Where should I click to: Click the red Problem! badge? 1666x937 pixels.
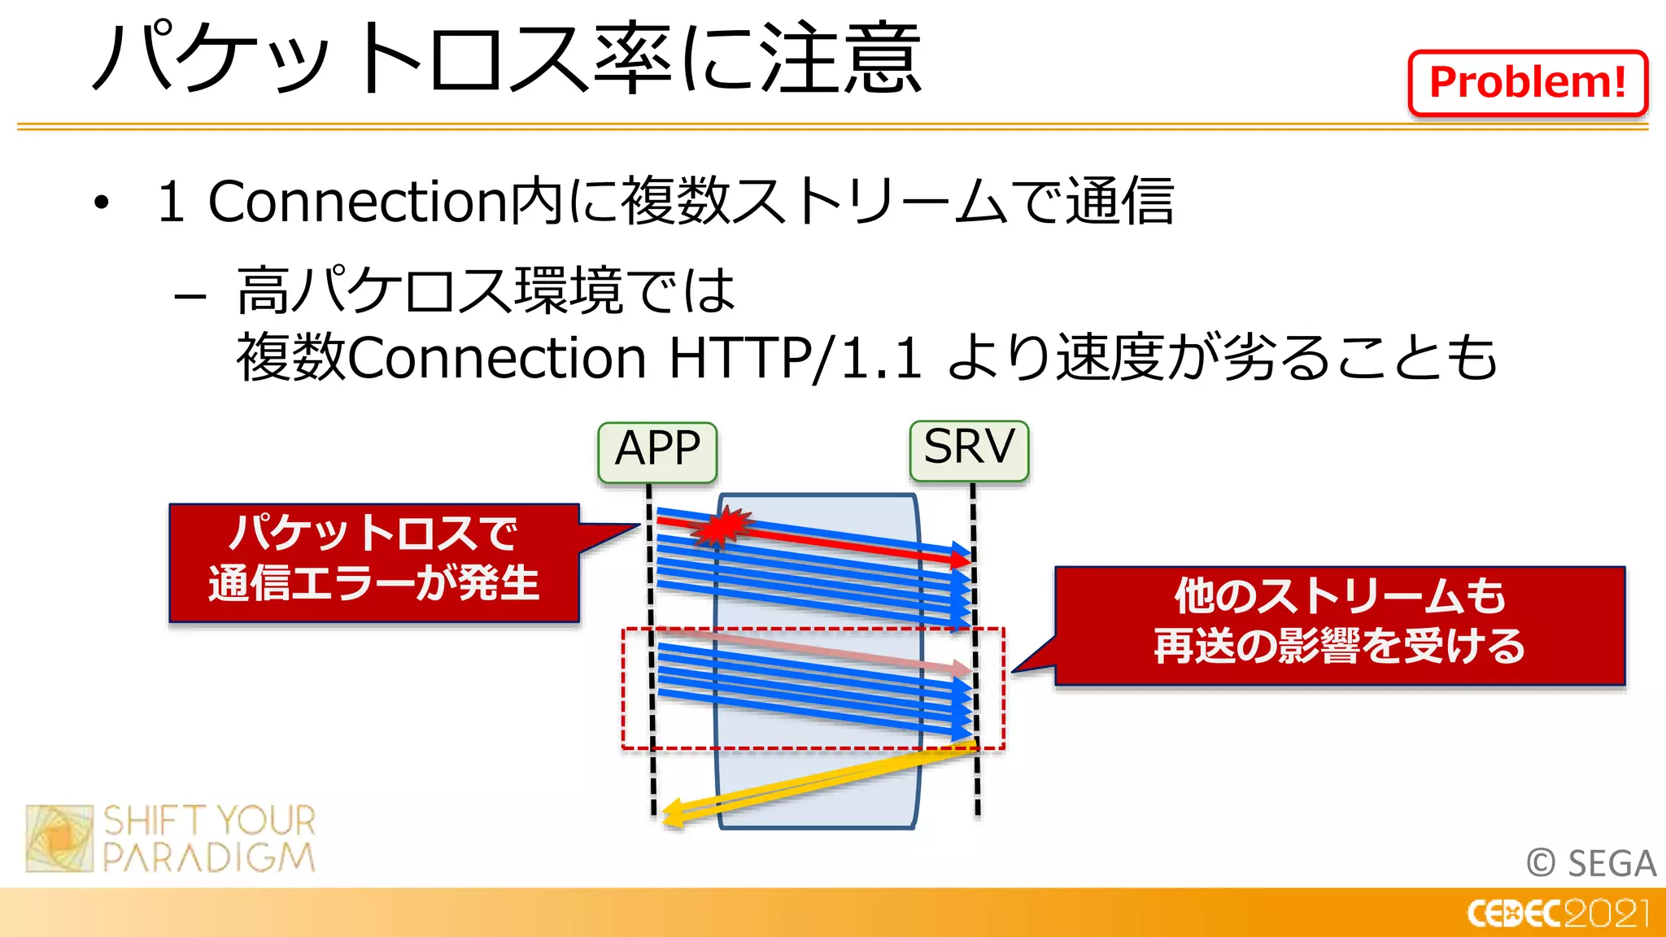[1527, 83]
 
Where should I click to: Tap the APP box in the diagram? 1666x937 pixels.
[657, 451]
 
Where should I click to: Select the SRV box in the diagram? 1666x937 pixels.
[969, 450]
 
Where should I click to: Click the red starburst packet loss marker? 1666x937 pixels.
[721, 527]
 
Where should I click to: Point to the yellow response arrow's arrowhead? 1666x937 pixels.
[672, 813]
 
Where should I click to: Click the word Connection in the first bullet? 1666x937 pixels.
[358, 202]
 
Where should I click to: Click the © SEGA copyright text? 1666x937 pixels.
[1590, 863]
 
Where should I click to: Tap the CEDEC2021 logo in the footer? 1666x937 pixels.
[1557, 913]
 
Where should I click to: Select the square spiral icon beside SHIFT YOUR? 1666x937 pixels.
[59, 839]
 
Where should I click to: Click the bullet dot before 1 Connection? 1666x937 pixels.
[101, 203]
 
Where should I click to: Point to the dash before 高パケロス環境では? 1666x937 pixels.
[190, 297]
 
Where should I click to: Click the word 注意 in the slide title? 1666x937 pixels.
[841, 59]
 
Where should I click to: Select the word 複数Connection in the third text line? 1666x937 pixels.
[440, 359]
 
